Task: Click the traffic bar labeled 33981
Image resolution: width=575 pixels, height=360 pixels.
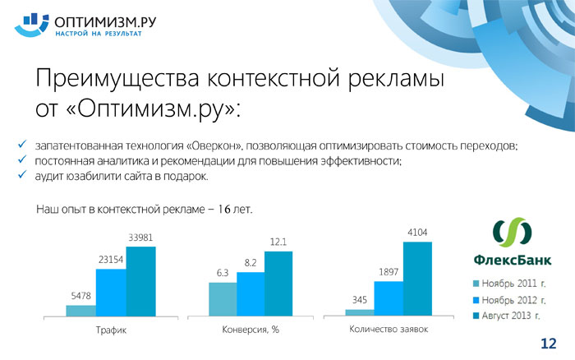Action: (140, 281)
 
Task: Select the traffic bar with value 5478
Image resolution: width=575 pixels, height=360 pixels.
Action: (81, 311)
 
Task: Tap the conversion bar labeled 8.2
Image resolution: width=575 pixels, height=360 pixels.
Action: (251, 294)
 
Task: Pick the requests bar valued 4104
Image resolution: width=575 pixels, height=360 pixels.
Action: (417, 279)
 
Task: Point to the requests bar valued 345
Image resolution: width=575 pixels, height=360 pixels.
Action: (360, 312)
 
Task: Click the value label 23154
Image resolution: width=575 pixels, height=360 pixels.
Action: (111, 260)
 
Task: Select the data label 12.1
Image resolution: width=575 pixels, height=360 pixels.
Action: (278, 242)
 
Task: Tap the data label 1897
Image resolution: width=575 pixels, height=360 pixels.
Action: (389, 272)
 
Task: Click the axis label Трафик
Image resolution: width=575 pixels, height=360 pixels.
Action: (111, 330)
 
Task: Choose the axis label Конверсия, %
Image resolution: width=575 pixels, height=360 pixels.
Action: (251, 330)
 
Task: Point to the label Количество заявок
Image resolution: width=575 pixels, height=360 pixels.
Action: (389, 329)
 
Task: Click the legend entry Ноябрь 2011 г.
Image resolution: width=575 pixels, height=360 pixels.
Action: (509, 284)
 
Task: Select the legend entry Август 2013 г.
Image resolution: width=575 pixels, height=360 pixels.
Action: (507, 316)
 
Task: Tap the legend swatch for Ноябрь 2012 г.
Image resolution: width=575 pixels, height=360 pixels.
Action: (476, 300)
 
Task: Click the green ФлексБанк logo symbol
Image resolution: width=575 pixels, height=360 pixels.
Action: (513, 232)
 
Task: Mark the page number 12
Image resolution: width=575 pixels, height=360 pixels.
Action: (549, 344)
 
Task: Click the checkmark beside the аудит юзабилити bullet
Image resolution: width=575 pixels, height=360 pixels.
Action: (22, 174)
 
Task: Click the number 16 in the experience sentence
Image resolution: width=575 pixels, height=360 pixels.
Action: (224, 209)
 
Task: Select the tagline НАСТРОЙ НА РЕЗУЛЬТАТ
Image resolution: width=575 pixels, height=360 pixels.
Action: (99, 34)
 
